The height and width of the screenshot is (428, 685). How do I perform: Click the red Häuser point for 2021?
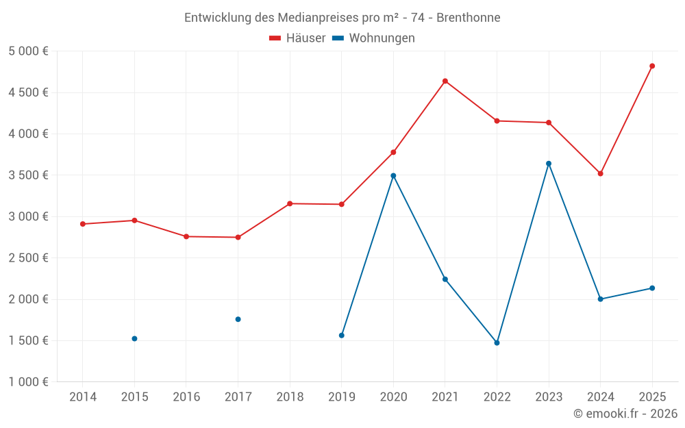coord(445,81)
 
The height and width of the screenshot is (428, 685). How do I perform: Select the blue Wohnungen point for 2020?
coord(393,175)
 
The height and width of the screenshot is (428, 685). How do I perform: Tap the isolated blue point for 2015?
coord(134,338)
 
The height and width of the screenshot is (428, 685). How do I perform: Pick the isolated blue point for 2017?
coord(238,319)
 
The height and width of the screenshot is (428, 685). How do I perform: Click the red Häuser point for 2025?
coord(652,66)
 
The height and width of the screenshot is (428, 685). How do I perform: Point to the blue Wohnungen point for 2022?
coord(497,342)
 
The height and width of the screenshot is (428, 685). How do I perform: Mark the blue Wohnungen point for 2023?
coord(549,164)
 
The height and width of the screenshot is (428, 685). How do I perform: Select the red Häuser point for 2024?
coord(600,173)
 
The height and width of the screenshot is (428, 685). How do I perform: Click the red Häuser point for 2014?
coord(82,224)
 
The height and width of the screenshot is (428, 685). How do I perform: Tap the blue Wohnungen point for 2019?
coord(341,335)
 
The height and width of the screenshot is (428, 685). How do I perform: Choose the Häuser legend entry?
coord(297,38)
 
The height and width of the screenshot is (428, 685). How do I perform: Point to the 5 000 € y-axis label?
coord(28,51)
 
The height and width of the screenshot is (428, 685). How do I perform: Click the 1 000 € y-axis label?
coord(28,382)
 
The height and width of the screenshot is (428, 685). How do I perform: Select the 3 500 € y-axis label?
coord(28,175)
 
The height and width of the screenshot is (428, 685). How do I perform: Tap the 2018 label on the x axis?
coord(290,396)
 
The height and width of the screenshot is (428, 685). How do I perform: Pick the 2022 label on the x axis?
coord(497,396)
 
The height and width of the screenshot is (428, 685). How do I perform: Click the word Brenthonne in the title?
coord(469,18)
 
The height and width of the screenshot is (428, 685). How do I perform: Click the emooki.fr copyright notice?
coord(625,414)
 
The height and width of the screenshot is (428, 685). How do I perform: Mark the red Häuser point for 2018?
coord(290,203)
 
